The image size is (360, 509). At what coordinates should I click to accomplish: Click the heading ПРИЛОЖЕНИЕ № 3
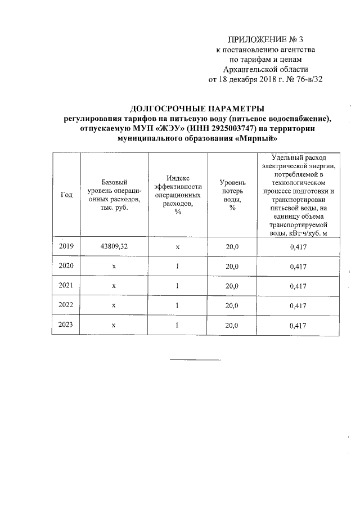click(265, 39)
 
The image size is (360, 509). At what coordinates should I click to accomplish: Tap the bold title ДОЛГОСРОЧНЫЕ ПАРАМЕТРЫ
click(197, 109)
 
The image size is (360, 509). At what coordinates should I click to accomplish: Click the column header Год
click(66, 195)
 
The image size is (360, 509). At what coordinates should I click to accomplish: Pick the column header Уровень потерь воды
click(232, 195)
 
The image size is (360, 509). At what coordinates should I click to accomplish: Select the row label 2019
click(66, 246)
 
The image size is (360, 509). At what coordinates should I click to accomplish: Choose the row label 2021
click(66, 285)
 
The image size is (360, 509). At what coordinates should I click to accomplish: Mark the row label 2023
click(66, 325)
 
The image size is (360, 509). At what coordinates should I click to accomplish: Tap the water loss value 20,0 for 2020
click(232, 266)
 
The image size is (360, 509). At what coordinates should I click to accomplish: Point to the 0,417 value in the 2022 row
click(298, 306)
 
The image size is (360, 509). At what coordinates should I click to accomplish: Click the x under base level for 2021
click(114, 286)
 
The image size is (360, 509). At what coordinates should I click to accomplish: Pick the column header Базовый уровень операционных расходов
click(114, 195)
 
